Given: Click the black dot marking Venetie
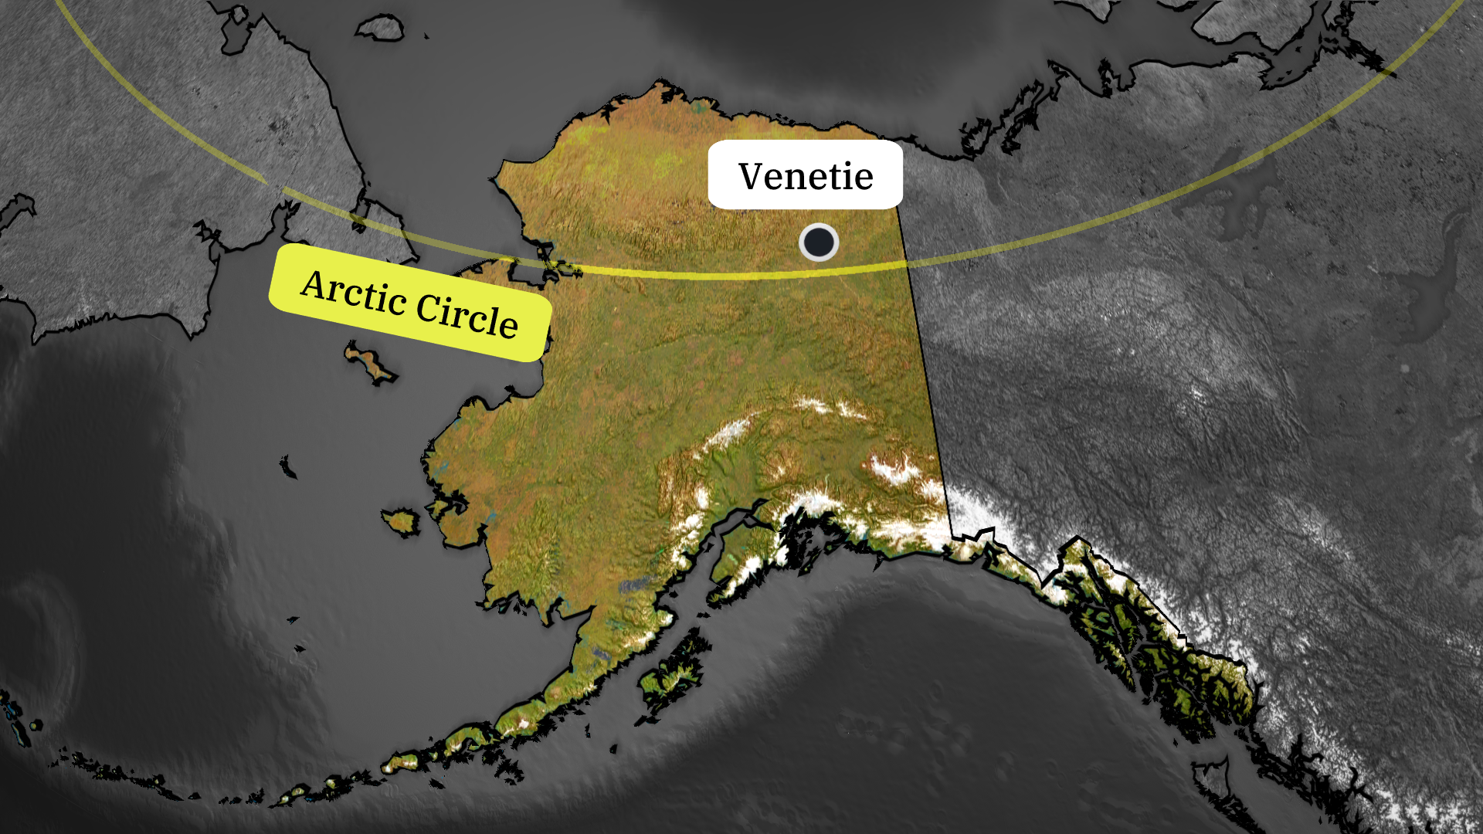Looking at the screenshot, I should point(818,242).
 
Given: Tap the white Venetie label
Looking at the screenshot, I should point(805,175).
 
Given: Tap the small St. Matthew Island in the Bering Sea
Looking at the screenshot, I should point(288,467).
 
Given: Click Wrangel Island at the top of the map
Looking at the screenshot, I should point(380,29).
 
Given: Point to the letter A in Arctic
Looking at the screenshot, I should point(316,284).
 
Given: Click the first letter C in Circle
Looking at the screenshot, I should point(429,307).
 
